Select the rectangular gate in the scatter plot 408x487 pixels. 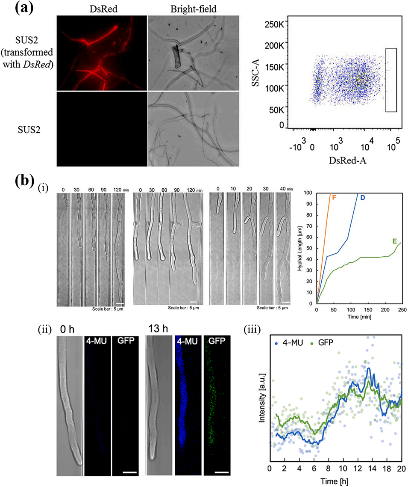click(391, 80)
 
